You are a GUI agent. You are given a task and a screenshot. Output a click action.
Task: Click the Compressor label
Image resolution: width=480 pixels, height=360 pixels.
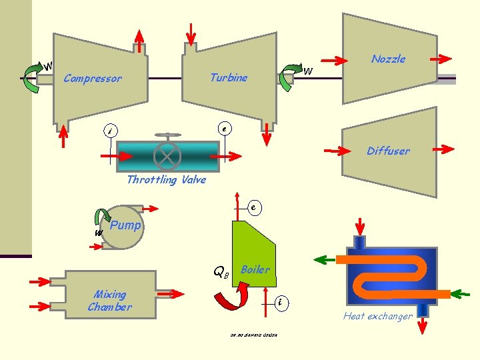[x=93, y=79]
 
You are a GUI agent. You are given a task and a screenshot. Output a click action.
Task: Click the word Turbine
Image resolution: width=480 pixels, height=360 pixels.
[x=228, y=77]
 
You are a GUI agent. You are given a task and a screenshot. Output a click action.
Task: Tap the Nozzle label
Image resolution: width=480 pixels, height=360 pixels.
[x=388, y=59]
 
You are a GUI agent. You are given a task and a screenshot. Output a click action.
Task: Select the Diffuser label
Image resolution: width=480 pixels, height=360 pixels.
[x=388, y=151]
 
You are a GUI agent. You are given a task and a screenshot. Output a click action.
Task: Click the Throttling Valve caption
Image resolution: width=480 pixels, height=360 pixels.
[x=166, y=179]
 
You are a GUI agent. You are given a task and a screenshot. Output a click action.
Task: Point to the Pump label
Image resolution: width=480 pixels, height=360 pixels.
[x=125, y=225]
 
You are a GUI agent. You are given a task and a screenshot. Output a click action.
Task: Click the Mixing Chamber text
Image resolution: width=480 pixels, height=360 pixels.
[x=109, y=301]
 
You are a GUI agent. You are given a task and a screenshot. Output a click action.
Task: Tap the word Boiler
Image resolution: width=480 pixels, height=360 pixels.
[x=255, y=269]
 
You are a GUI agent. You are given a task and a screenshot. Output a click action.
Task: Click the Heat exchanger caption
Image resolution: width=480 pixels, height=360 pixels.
[x=378, y=316]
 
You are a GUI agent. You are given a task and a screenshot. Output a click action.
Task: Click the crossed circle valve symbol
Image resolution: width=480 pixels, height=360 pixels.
[x=167, y=157]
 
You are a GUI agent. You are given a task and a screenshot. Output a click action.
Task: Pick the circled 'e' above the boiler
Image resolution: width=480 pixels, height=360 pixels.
[x=254, y=207]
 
